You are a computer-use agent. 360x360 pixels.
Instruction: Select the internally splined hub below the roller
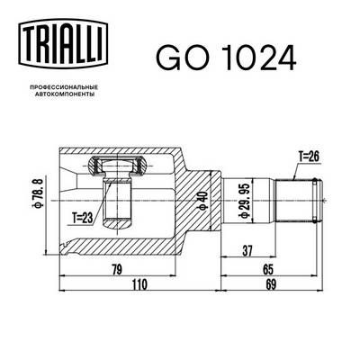coord(117,202)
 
